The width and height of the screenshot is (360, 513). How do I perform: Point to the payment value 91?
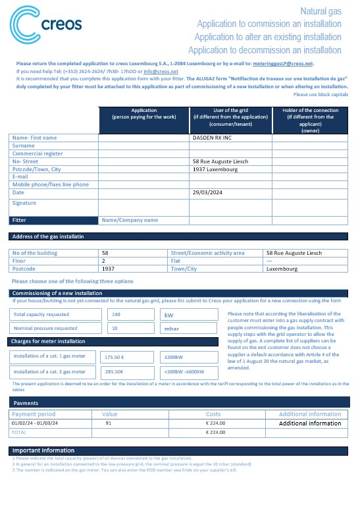(109, 423)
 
